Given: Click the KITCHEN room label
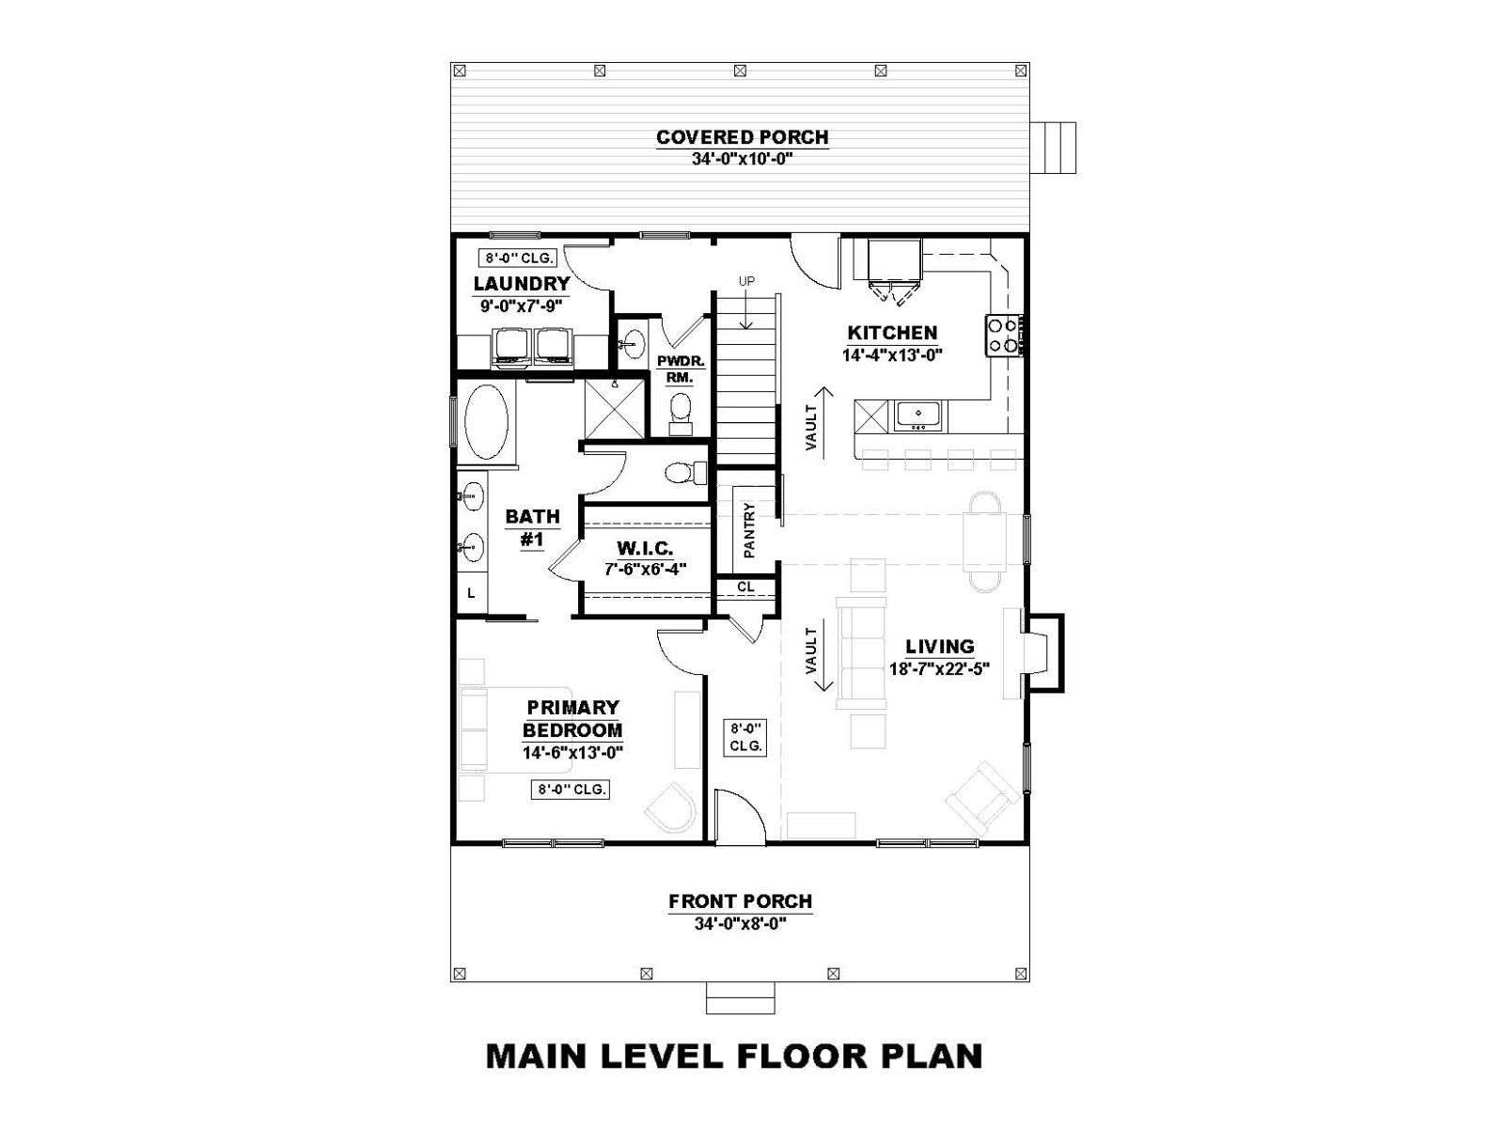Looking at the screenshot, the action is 891,333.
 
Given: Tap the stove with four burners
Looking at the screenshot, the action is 1003,336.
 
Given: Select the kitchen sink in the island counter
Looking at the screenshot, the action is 918,416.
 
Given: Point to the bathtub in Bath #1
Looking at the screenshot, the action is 487,426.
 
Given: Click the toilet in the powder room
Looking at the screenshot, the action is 681,413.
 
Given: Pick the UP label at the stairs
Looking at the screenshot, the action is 746,281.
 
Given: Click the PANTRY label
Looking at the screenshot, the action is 749,530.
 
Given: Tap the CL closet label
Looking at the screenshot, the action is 745,587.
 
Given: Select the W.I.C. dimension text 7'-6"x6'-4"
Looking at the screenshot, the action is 645,569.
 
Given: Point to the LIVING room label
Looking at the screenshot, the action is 939,647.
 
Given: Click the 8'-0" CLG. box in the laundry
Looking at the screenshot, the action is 517,258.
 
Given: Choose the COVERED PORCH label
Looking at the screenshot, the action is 742,137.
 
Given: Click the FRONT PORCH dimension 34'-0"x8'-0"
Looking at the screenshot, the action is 740,924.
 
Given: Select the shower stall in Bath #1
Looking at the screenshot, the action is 615,408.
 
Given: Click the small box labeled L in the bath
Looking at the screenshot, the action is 472,594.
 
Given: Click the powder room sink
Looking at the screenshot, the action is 631,343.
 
